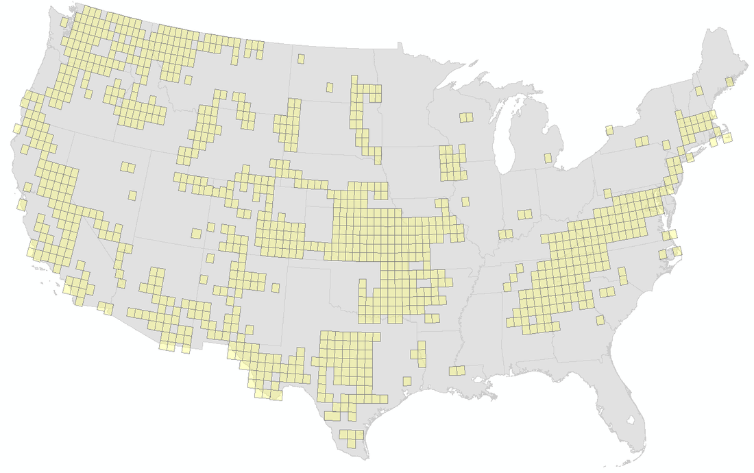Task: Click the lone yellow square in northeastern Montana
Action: (x=301, y=59)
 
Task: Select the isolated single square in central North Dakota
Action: (x=330, y=87)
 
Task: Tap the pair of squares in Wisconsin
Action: (x=466, y=117)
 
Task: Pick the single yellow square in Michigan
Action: (x=548, y=158)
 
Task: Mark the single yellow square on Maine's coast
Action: (x=729, y=82)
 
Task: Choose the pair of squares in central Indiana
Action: (x=525, y=214)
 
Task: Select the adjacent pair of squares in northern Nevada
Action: (x=127, y=167)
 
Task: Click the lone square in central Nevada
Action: (x=132, y=195)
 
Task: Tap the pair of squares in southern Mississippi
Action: (x=457, y=370)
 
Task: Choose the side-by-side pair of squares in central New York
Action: (x=642, y=142)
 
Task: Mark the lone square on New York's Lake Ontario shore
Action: (x=609, y=130)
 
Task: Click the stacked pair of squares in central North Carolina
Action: (x=622, y=276)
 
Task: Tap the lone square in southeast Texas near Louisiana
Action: (x=407, y=380)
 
